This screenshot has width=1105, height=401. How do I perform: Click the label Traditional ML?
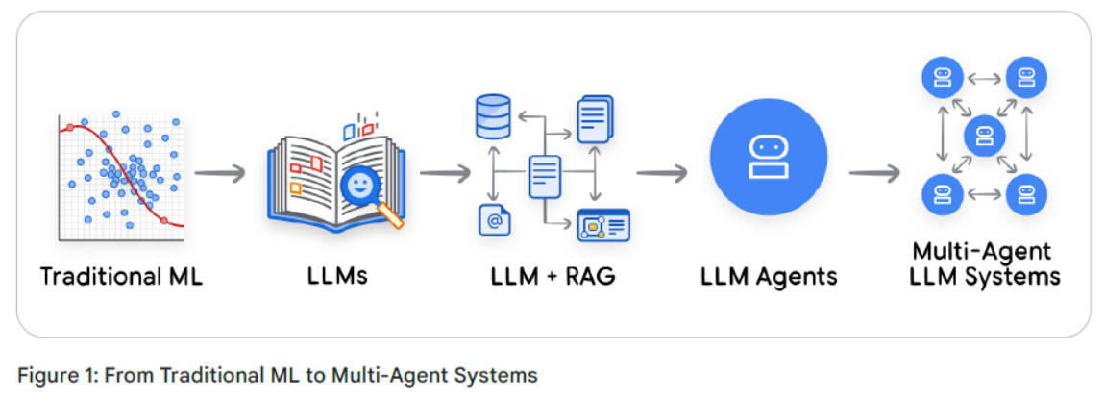[x=121, y=277]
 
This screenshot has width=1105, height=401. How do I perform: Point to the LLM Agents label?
[x=768, y=277]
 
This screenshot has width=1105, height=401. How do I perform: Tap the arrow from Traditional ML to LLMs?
[x=220, y=174]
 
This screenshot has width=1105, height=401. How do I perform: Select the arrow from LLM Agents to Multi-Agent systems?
[x=874, y=174]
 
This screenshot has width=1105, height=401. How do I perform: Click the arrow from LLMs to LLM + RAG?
[x=445, y=174]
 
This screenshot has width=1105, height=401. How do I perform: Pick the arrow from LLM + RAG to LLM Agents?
[x=662, y=174]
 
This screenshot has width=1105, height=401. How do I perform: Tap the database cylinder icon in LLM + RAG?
[x=493, y=115]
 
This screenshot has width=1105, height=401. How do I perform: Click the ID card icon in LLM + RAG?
[x=602, y=225]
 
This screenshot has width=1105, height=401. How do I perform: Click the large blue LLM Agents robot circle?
[x=768, y=157]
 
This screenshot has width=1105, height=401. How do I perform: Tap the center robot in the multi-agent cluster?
[x=984, y=137]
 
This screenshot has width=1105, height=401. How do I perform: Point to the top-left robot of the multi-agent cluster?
[x=942, y=77]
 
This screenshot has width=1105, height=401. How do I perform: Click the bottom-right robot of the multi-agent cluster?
[x=1026, y=194]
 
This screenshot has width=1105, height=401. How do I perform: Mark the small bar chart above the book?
[x=357, y=127]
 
